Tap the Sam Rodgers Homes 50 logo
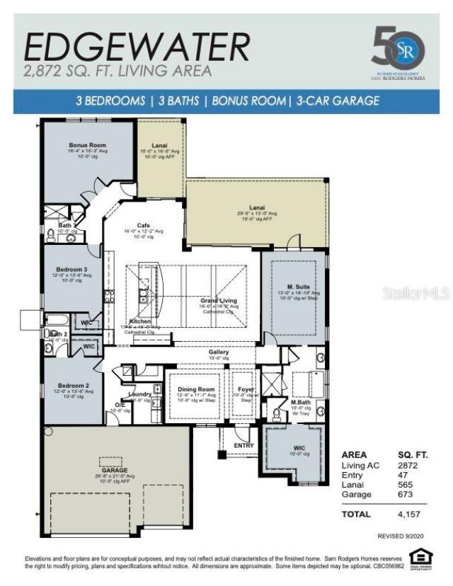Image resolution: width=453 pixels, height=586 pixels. tap(398, 50)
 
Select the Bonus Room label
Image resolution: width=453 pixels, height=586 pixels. tap(83, 144)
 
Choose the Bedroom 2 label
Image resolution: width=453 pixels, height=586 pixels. tap(71, 386)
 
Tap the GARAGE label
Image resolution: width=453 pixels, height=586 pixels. tap(114, 470)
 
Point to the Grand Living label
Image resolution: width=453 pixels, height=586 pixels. tap(219, 300)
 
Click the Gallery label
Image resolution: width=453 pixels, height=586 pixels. tap(219, 352)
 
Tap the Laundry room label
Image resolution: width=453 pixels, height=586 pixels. tap(139, 393)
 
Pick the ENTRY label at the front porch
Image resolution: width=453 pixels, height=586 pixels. tap(244, 445)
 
